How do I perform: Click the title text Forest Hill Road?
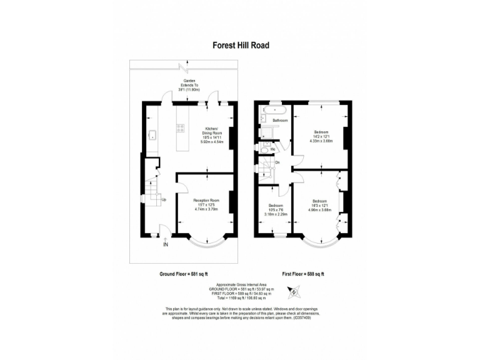[x=241, y=45]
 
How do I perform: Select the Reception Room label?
[x=206, y=201]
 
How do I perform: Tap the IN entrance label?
[x=166, y=245]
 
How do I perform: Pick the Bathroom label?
[x=279, y=120]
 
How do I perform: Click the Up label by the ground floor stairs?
[x=164, y=200]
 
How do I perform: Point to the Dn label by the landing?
[x=277, y=163]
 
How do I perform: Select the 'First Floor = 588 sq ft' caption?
[x=302, y=274]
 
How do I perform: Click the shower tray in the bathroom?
[x=264, y=132]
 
